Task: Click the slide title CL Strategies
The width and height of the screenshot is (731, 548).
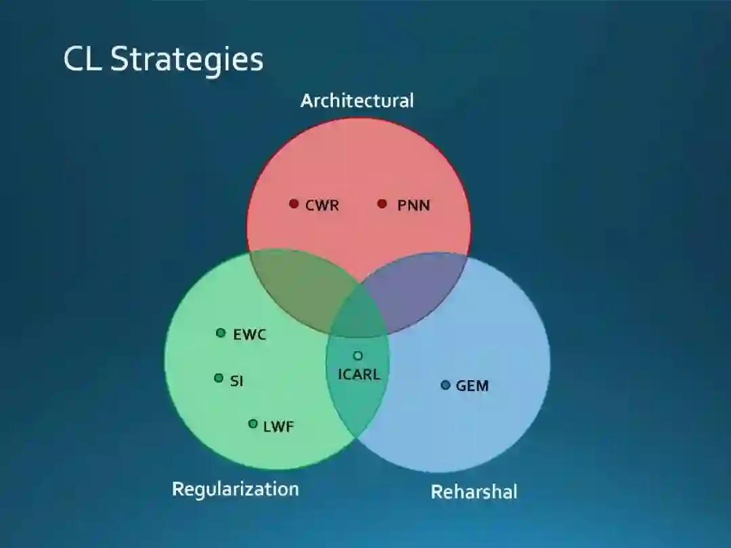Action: [163, 59]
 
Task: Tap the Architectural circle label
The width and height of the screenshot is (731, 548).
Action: [357, 101]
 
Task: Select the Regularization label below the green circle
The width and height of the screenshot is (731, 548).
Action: [235, 488]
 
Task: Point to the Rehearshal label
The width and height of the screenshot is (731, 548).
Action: [474, 492]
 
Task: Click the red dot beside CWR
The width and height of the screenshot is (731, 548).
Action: [294, 204]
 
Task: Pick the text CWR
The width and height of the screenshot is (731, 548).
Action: [322, 205]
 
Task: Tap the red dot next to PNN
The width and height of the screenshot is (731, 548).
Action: [382, 204]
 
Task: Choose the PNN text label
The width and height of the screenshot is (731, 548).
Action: [413, 205]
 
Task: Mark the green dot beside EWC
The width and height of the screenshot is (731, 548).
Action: [221, 333]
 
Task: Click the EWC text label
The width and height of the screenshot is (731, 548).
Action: [250, 334]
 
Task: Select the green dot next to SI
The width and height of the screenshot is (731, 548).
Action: [219, 378]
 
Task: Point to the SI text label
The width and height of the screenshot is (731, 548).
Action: [236, 381]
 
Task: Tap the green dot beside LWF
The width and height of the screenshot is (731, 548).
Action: [252, 424]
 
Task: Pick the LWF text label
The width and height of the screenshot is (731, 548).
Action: [278, 426]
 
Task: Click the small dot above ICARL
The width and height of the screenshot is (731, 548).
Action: [358, 356]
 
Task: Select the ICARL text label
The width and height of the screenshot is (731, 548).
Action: [359, 373]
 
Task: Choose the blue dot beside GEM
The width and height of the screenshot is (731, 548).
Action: [445, 385]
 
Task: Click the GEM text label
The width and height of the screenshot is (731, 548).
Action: [472, 386]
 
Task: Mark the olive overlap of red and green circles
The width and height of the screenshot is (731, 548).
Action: [298, 288]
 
